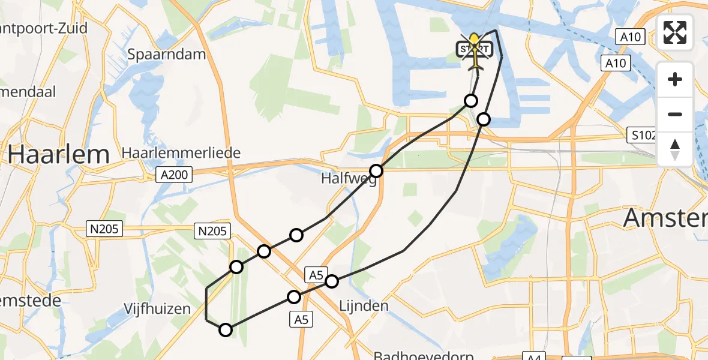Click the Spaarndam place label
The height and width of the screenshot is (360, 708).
(166, 55)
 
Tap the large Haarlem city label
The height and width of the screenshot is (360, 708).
(59, 155)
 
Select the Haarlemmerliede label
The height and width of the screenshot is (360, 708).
(181, 154)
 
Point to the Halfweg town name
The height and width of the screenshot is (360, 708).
(349, 179)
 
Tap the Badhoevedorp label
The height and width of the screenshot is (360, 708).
(420, 355)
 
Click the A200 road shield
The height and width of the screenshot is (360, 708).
(175, 175)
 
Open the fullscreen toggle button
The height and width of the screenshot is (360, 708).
(675, 32)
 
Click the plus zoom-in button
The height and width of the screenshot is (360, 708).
(675, 79)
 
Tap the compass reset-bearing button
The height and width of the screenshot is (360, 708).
(675, 149)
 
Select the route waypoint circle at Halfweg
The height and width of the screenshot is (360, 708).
(376, 171)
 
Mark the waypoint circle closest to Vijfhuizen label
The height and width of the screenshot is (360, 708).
(226, 329)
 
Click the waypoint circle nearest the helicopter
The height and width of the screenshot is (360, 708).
(472, 100)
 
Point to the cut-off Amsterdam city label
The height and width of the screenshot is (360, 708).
(666, 218)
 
